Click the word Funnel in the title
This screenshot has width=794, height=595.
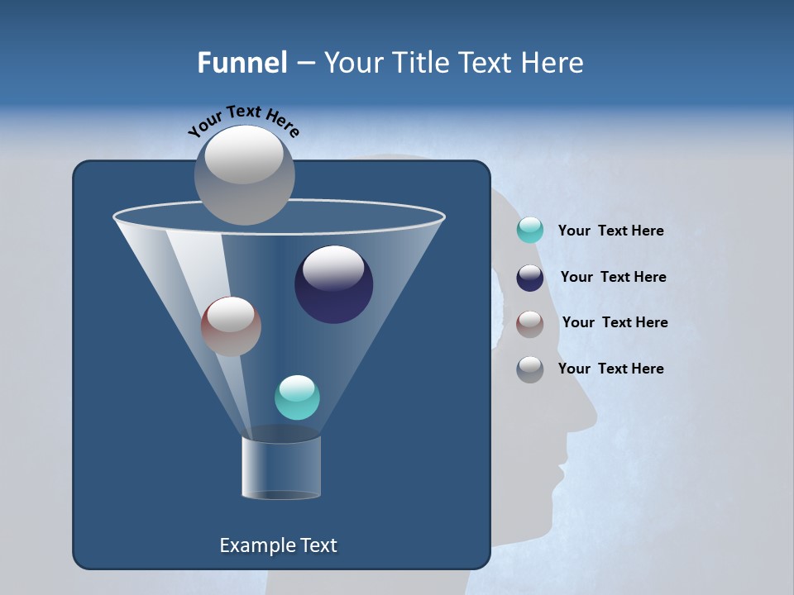point(242,63)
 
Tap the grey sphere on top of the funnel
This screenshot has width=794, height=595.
point(244,174)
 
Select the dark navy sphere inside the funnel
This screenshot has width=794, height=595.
point(333,284)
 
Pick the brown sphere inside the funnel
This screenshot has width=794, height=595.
point(231,326)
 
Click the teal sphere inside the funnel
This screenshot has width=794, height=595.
point(297,397)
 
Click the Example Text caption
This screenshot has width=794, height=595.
point(279,545)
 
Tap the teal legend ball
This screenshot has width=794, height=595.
point(530,230)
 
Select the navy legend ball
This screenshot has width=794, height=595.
point(530,278)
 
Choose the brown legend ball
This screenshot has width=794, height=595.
point(530,324)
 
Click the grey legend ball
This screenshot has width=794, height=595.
point(530,369)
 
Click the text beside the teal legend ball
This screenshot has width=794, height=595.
point(610,231)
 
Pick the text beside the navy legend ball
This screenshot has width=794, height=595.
point(613,277)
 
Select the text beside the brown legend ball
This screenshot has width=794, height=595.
point(615,322)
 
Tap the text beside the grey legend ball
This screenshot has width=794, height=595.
point(610,369)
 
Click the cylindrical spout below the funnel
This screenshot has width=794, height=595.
point(281,467)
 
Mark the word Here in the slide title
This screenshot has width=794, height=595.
point(552,63)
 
